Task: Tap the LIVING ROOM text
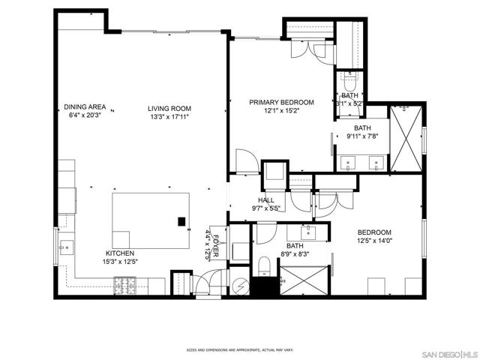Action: pos(168,107)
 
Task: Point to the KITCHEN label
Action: pos(120,253)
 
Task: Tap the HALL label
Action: pos(266,200)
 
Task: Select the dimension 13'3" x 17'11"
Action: pos(168,116)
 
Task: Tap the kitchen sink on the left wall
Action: pos(65,245)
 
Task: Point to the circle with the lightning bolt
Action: pos(240,285)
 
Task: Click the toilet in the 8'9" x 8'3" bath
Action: pos(264,266)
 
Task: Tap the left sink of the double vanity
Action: pos(349,161)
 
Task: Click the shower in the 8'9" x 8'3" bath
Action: pos(304,283)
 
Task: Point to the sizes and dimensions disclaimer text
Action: pos(239,349)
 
